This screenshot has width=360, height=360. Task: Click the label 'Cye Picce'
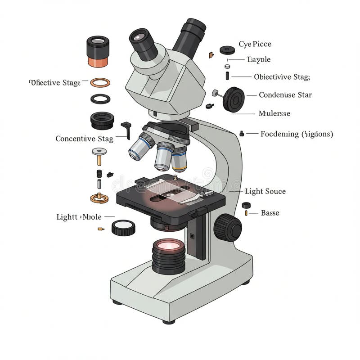click(x=255, y=44)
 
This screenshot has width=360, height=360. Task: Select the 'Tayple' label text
click(x=259, y=59)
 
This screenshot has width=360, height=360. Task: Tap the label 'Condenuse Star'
click(x=285, y=95)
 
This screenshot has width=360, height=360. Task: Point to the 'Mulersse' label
click(x=274, y=113)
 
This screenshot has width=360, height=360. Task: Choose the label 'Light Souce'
click(x=265, y=191)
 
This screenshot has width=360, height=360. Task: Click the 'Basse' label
click(x=270, y=213)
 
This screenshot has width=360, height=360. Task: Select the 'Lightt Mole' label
click(x=79, y=217)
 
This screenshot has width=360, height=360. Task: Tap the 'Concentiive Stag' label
click(x=84, y=139)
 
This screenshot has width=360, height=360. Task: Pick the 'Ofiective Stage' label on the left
click(x=55, y=83)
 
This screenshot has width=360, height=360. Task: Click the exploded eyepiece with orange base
click(x=98, y=52)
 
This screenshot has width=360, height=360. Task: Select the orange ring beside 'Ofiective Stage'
click(x=100, y=83)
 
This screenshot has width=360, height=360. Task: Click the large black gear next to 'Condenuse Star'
click(x=234, y=99)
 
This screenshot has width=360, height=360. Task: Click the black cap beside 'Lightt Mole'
click(x=123, y=228)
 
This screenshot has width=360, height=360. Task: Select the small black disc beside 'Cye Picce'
click(x=228, y=50)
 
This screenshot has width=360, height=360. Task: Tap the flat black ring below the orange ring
click(x=100, y=99)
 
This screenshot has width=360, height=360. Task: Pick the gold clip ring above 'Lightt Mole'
click(x=99, y=197)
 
